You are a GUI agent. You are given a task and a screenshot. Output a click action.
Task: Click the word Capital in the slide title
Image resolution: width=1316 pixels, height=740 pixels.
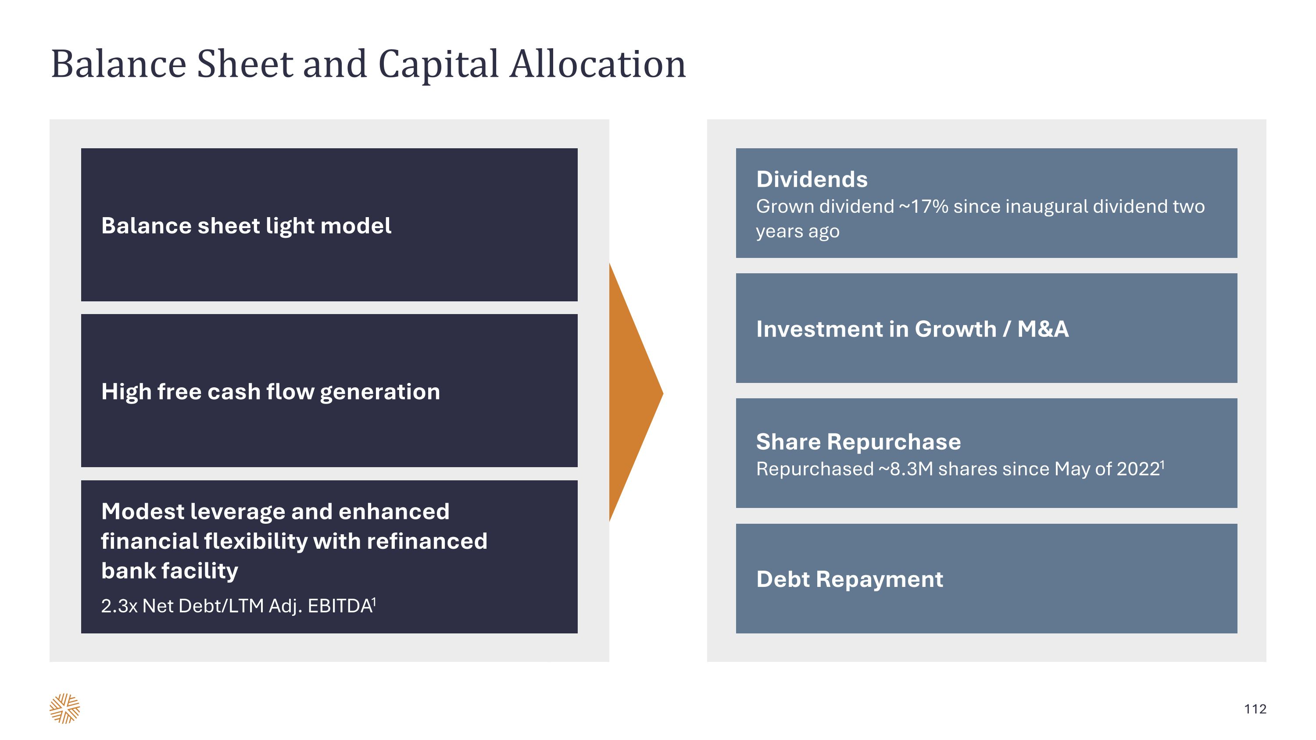(438, 65)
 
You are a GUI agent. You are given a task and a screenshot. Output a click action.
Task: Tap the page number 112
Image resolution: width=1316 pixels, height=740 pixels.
(1255, 709)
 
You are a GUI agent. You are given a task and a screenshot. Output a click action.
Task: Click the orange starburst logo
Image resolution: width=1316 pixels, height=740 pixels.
(65, 708)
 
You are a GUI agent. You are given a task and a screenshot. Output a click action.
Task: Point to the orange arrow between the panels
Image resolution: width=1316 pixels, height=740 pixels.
(633, 393)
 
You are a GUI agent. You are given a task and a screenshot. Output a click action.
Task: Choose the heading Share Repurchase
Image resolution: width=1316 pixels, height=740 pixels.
(858, 442)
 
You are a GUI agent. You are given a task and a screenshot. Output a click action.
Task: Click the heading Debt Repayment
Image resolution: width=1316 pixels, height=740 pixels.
(850, 579)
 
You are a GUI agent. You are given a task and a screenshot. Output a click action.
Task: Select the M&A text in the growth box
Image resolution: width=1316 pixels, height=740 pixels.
(1043, 329)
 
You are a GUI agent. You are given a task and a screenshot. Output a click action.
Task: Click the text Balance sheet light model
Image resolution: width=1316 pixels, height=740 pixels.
(246, 226)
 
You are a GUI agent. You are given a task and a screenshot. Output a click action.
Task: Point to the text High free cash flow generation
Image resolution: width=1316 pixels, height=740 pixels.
(270, 392)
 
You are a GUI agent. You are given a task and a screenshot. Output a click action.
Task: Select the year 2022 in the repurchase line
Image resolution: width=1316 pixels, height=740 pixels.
(1138, 469)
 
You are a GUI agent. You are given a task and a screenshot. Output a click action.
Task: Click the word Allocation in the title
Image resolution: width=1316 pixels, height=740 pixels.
(598, 65)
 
